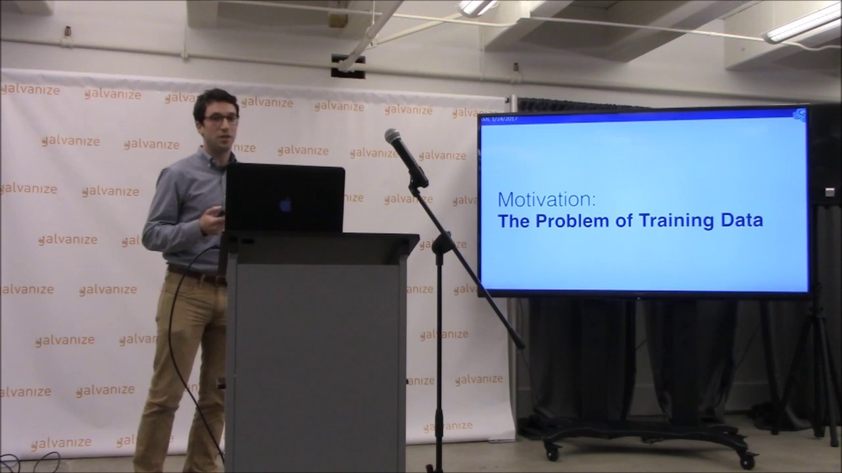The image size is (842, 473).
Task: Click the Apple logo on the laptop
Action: (x=285, y=205)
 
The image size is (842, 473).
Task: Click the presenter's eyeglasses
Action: (x=221, y=119)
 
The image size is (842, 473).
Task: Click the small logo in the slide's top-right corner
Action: (x=799, y=115)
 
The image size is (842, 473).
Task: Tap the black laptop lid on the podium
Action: (x=284, y=197)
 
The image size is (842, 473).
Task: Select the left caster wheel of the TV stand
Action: (x=551, y=452)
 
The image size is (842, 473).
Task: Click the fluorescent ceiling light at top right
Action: (x=803, y=24)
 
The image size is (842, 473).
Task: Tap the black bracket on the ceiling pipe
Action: (x=348, y=66)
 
